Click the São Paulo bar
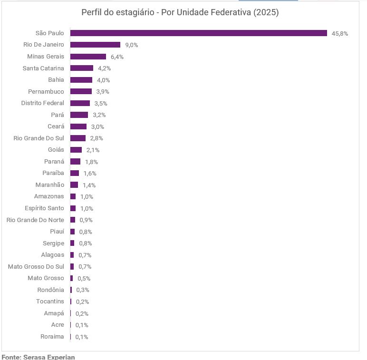coord(199,33)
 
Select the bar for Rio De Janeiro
coord(95,45)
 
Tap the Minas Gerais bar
coord(88,57)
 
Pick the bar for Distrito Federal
coord(80,103)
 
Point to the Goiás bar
coord(76,150)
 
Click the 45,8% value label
coord(340,34)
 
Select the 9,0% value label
coord(132,45)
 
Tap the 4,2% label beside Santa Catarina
coord(105,68)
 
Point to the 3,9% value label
coord(103,91)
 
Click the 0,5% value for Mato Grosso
coord(84,278)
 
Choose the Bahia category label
coord(56,80)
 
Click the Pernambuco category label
coord(46,91)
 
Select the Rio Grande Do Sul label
coord(39,138)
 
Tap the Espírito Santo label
coord(44,208)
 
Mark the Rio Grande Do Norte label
coord(35,220)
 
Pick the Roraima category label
coord(52,337)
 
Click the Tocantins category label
coord(50,301)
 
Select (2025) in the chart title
coord(266,12)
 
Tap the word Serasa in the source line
coord(34,357)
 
